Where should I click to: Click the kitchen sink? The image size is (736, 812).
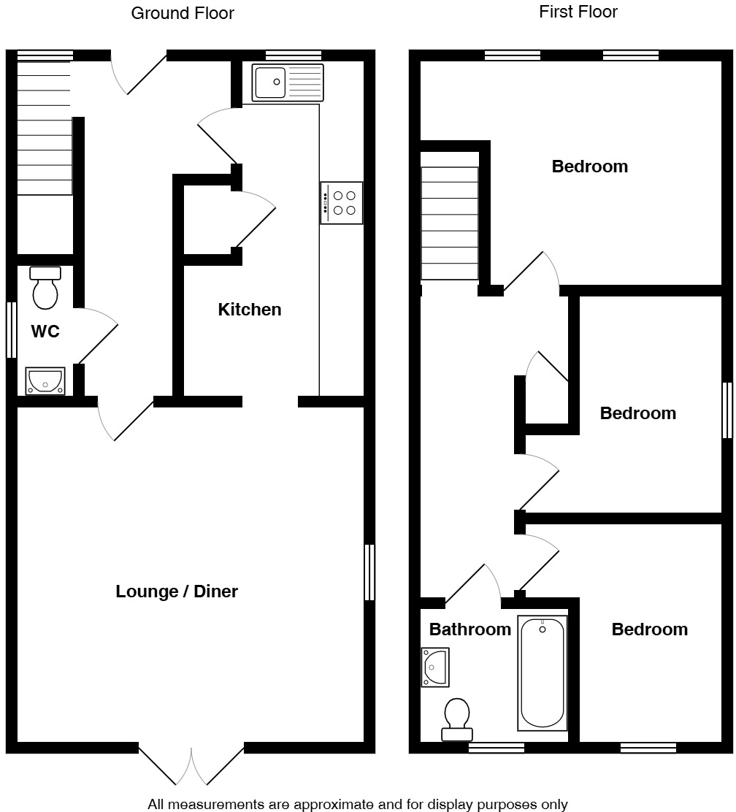288,82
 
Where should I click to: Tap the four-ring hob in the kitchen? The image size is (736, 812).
342,203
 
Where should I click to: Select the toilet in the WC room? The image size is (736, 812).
45,288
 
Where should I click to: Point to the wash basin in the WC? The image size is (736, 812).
45,380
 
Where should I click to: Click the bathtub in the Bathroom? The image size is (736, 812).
542,673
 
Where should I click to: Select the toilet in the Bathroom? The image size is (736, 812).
457,719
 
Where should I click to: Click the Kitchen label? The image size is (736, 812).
250,310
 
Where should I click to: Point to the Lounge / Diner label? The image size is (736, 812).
177,591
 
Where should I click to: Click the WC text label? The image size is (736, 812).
45,332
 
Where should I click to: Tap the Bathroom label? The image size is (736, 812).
469,629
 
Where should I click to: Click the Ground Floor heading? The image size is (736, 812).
183,13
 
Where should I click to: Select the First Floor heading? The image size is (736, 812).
578,12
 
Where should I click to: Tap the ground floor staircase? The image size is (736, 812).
45,129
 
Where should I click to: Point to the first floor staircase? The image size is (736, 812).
450,223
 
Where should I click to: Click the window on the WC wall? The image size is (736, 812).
11,330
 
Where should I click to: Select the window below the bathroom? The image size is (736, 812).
496,748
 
